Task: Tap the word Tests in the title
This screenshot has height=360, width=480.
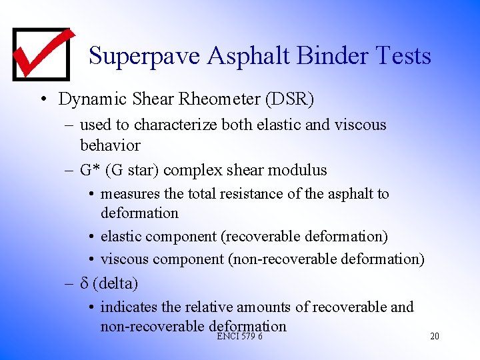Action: click(404, 56)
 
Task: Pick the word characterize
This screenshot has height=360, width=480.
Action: click(177, 125)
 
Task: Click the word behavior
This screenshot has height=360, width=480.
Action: click(110, 145)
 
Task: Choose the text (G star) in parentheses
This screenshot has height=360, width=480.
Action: click(128, 170)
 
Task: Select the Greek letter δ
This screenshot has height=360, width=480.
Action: click(84, 283)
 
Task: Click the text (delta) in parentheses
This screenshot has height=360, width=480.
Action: click(115, 283)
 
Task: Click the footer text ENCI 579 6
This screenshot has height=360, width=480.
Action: click(239, 337)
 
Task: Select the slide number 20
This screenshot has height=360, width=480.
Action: click(435, 337)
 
